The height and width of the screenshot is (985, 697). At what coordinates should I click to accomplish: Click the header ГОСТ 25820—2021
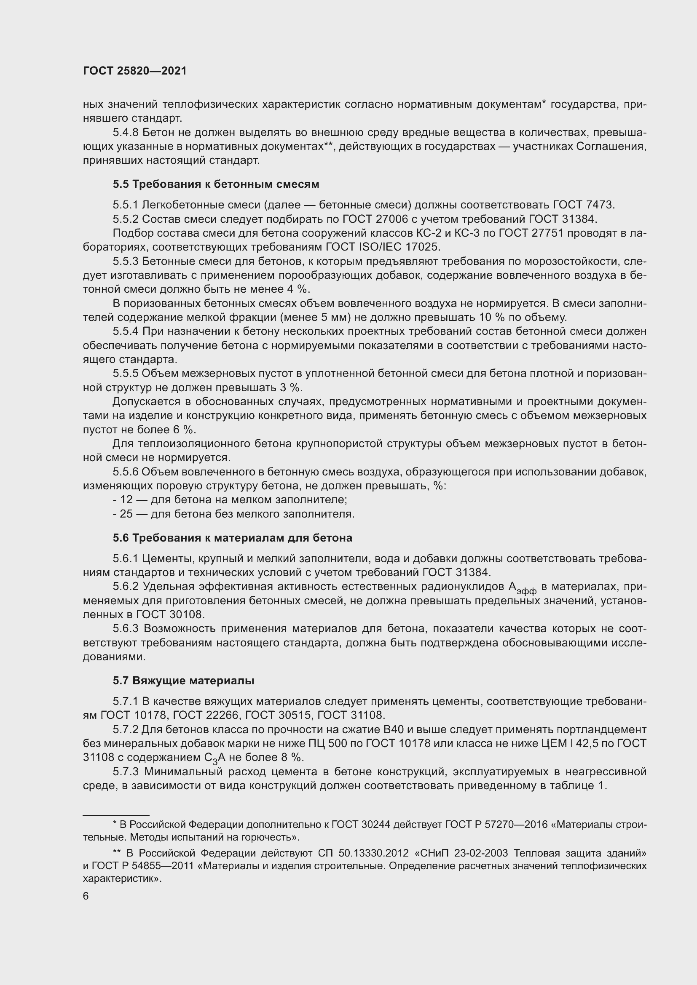[x=135, y=71]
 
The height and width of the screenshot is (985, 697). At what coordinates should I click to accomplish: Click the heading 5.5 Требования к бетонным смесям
[x=216, y=184]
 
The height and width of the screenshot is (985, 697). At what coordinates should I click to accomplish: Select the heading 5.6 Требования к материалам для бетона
[x=232, y=537]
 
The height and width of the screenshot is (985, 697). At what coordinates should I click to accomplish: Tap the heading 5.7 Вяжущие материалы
[x=183, y=681]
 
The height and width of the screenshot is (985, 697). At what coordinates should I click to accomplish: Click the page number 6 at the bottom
[x=86, y=896]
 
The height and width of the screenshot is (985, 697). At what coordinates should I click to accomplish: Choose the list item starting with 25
[x=233, y=514]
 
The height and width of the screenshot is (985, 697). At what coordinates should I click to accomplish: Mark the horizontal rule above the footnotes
[x=116, y=815]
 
